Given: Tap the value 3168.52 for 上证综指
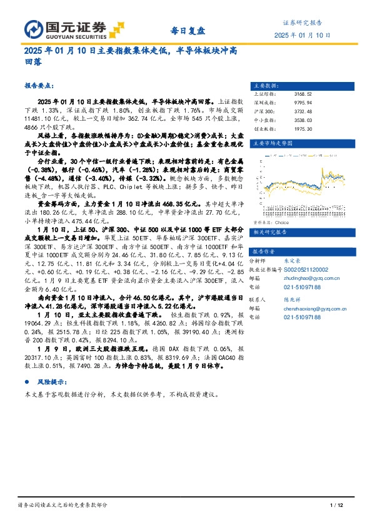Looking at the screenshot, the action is (x=303, y=93).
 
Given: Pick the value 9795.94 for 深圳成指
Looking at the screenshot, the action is (x=303, y=102).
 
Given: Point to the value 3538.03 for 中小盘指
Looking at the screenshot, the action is (x=303, y=120).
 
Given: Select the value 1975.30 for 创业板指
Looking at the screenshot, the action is (x=303, y=128).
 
